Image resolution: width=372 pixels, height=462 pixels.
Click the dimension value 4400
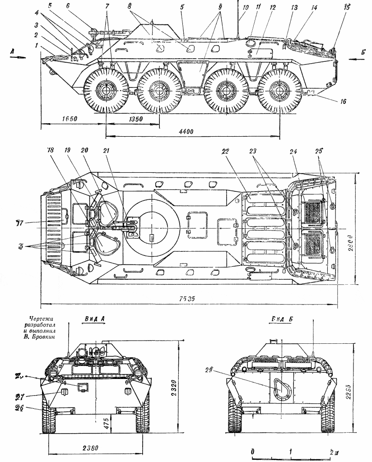coord(186,131)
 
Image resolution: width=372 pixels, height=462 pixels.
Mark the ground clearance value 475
coord(107,425)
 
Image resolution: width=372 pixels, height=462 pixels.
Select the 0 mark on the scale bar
coord(252,452)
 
